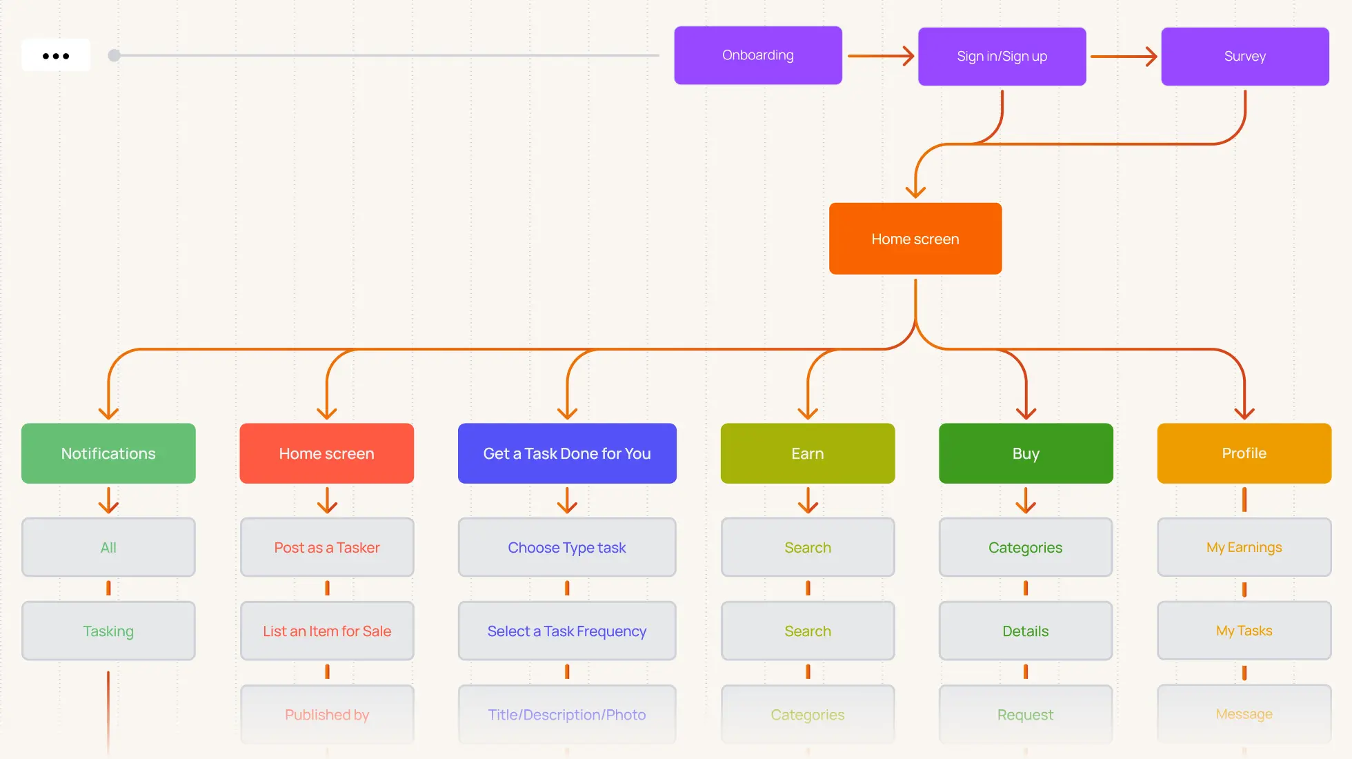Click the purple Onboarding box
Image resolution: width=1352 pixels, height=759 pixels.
[x=758, y=55]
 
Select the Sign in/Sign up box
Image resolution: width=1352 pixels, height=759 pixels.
[x=1002, y=57]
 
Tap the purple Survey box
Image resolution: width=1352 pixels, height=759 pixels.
[x=1245, y=57]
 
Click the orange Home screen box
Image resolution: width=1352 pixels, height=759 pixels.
[x=915, y=239]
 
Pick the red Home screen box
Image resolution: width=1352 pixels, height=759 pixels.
[x=327, y=453]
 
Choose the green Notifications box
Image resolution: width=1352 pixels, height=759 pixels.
[x=108, y=453]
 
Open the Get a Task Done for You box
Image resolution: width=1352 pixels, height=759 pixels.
[x=567, y=453]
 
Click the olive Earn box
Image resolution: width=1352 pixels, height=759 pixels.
[x=808, y=453]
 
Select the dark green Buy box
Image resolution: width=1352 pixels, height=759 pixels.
[x=1026, y=453]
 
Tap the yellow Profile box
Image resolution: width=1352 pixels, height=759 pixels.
[x=1244, y=453]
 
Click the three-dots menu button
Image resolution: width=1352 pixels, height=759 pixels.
[x=56, y=55]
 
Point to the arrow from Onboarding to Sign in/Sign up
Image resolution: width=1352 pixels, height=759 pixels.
[x=881, y=56]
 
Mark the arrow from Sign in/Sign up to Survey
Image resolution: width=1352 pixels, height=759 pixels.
[x=1124, y=57]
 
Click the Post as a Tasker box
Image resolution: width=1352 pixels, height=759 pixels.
[x=327, y=547]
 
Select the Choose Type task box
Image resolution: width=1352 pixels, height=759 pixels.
[x=567, y=547]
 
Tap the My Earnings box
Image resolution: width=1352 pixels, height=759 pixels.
[x=1244, y=547]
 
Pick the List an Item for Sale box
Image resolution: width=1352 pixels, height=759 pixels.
[x=327, y=631]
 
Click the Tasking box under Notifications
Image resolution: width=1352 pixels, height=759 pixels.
[x=108, y=631]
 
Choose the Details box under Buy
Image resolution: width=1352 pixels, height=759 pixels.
[x=1026, y=631]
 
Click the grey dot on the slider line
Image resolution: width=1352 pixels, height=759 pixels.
[x=115, y=55]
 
